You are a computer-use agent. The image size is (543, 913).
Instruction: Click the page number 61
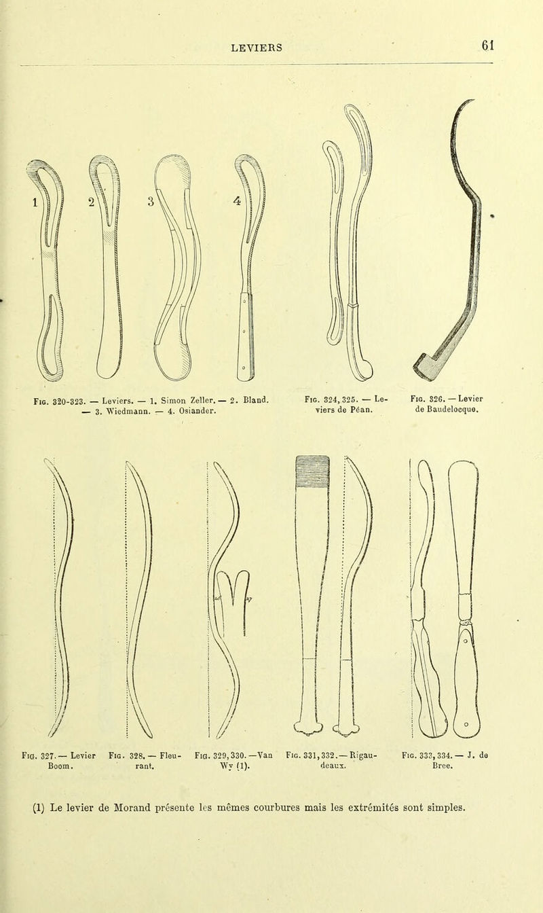coord(487,45)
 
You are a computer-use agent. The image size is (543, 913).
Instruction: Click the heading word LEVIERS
coord(257,48)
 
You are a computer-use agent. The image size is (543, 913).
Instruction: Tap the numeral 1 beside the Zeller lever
coord(35,202)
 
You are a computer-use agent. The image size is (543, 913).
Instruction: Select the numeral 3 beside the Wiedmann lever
coord(151,201)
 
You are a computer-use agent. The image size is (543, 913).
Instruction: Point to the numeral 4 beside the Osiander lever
coord(237,200)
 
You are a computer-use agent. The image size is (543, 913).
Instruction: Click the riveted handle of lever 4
coord(246,337)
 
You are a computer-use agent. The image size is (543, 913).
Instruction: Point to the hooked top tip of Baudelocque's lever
coord(472,101)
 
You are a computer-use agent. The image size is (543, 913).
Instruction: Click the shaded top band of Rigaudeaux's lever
coord(312,471)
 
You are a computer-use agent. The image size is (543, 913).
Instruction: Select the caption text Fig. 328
coord(125,755)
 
